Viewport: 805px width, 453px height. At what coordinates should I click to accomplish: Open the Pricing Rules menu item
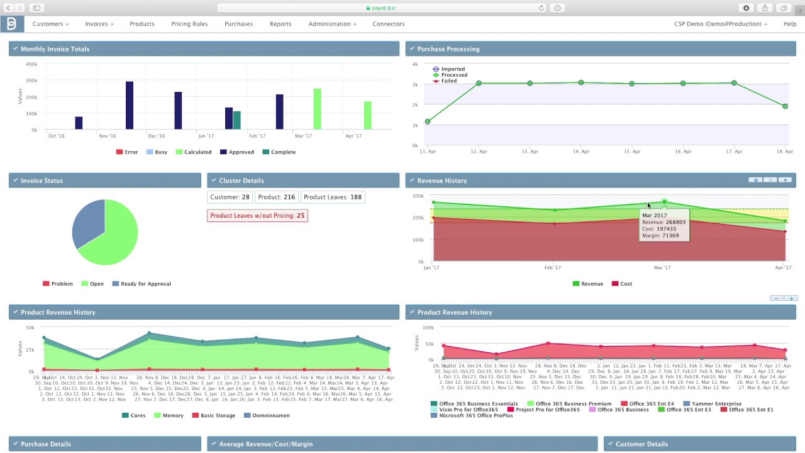pyautogui.click(x=189, y=24)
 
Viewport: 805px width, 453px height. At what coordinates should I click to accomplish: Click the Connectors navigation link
pyautogui.click(x=388, y=24)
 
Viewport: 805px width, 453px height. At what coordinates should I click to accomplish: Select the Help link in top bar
pyautogui.click(x=789, y=24)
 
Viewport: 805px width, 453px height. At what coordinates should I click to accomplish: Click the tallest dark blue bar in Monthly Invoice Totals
pyautogui.click(x=130, y=105)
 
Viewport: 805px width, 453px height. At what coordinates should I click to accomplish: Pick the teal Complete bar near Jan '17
pyautogui.click(x=237, y=120)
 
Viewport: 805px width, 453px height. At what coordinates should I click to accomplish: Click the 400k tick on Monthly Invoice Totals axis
pyautogui.click(x=31, y=64)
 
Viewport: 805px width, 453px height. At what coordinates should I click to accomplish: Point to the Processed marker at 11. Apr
pyautogui.click(x=428, y=121)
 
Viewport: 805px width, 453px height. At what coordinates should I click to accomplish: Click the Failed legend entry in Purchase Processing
pyautogui.click(x=448, y=81)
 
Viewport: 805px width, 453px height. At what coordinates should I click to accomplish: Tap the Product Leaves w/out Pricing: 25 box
pyautogui.click(x=257, y=216)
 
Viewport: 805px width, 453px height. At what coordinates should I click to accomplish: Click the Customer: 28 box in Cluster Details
pyautogui.click(x=230, y=197)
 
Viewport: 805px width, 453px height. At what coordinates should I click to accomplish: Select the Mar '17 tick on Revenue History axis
pyautogui.click(x=662, y=268)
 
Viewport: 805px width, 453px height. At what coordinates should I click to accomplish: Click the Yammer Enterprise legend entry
pyautogui.click(x=712, y=404)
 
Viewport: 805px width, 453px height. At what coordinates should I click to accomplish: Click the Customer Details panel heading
pyautogui.click(x=641, y=444)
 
